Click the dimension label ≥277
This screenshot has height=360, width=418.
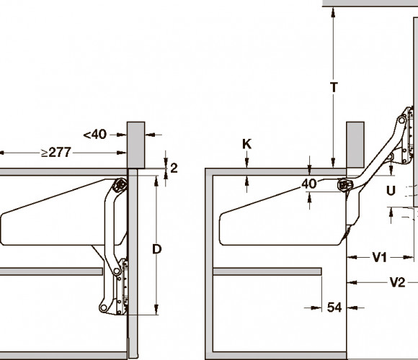[56, 153]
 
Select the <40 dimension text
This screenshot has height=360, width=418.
[95, 135]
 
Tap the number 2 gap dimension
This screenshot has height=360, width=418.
[174, 168]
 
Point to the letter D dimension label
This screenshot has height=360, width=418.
[157, 249]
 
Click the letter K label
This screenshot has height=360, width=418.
[246, 144]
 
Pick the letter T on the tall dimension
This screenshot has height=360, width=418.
[334, 87]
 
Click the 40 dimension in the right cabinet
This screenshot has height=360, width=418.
[309, 184]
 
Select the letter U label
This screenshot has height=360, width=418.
[391, 191]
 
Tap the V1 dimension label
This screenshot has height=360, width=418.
[379, 258]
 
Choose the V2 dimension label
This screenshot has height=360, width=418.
[397, 282]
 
